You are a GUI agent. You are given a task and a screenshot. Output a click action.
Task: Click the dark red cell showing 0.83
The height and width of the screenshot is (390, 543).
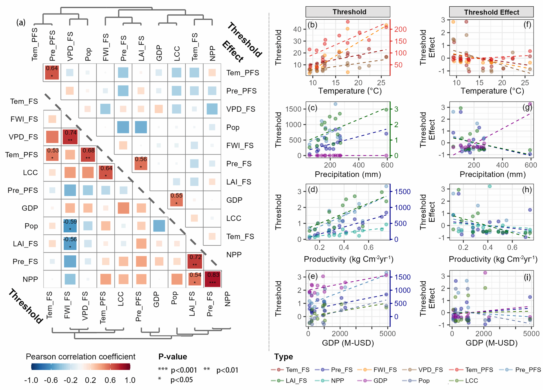click(213, 279)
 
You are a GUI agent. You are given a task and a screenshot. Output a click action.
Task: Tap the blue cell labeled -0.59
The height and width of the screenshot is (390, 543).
click(70, 225)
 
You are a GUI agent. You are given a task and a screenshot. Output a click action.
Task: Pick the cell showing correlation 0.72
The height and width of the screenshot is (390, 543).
click(195, 261)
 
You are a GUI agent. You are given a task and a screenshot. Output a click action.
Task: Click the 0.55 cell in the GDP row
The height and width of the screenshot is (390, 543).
click(177, 200)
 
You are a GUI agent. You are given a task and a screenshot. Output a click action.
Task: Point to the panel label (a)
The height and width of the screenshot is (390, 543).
click(21, 23)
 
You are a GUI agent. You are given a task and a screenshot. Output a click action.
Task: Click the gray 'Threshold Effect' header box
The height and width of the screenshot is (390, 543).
click(491, 12)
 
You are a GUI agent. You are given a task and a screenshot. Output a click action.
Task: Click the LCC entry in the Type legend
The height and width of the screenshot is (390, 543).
click(471, 381)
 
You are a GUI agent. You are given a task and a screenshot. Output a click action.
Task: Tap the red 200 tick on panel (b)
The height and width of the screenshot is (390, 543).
click(400, 29)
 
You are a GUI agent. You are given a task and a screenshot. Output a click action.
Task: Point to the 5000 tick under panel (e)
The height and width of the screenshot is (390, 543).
click(387, 334)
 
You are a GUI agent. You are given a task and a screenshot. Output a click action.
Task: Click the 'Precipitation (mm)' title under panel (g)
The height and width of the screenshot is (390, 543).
click(492, 174)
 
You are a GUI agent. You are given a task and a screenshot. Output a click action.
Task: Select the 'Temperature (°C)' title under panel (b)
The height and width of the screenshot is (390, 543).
click(350, 91)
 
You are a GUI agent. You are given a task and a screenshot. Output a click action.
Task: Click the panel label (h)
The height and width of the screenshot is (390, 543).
click(527, 190)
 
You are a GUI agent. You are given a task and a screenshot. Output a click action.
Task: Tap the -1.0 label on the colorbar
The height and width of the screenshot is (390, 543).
click(31, 380)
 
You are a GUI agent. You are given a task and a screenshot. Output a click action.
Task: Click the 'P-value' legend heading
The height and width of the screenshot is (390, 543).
click(173, 357)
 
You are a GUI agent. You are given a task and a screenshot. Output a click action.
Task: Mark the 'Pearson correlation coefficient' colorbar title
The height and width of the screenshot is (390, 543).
click(80, 357)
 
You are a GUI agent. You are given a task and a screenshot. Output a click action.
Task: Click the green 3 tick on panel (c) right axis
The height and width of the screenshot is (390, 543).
click(396, 109)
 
